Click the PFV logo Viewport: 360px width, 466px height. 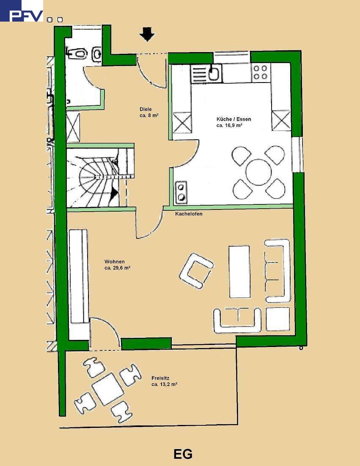(x=22, y=11)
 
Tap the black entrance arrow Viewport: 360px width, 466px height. (x=147, y=34)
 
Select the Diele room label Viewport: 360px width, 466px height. (x=146, y=109)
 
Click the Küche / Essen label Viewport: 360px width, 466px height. (x=234, y=119)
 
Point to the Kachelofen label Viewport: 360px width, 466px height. (x=189, y=214)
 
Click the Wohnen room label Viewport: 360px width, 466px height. (x=115, y=262)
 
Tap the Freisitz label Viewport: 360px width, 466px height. (x=160, y=378)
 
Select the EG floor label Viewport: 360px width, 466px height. (x=183, y=455)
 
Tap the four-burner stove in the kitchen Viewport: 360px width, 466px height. (x=261, y=72)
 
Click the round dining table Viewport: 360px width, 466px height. (x=258, y=172)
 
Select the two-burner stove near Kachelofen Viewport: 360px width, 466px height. (x=181, y=193)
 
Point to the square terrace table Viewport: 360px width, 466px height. (x=107, y=389)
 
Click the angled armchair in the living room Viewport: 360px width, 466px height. (x=196, y=270)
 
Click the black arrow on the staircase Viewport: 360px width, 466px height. (x=114, y=193)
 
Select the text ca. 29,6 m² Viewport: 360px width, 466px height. (x=118, y=268)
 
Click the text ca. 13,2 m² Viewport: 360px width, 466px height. (x=165, y=384)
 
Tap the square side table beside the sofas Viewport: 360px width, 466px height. (x=278, y=319)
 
